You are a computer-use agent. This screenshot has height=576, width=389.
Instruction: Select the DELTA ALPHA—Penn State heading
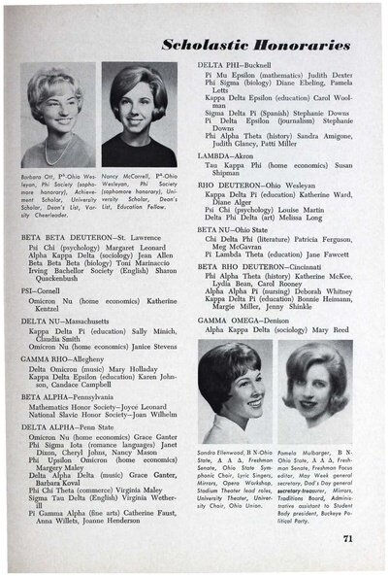pyautogui.click(x=69, y=425)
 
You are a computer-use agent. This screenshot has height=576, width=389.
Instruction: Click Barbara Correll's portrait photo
pyautogui.click(x=58, y=116)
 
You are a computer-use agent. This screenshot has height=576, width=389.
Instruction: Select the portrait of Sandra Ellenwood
pyautogui.click(x=234, y=392)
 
